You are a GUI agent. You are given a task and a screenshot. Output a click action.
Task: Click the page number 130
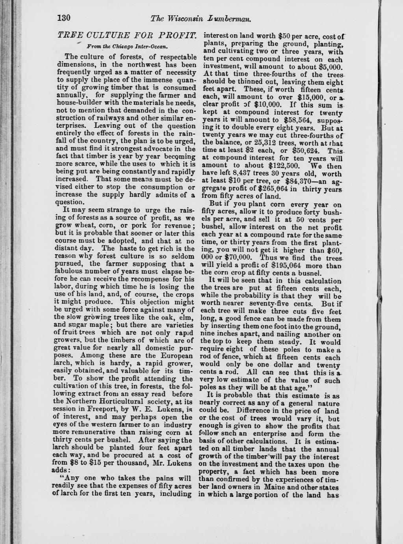tap(63, 18)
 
